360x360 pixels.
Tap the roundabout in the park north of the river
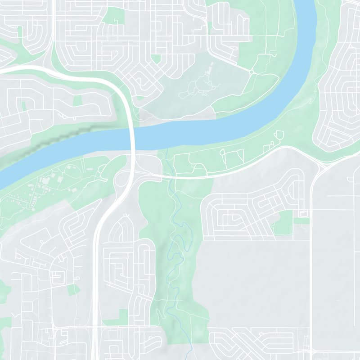(x=251, y=72)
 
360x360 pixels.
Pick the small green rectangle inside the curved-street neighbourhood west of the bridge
(x=77, y=100)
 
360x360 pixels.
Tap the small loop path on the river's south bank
(x=279, y=134)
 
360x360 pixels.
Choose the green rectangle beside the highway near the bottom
(x=121, y=316)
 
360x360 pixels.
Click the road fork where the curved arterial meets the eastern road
(x=320, y=167)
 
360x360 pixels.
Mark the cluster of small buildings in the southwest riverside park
(x=49, y=182)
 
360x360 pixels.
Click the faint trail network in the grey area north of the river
(x=198, y=85)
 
